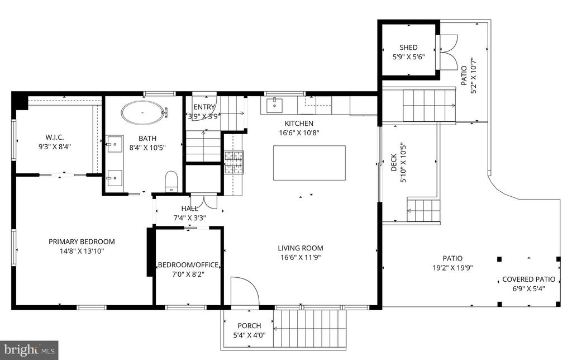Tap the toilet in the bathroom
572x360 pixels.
coord(171,181)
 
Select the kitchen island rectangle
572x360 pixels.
coord(309,163)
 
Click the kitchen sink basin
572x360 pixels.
coord(274,105)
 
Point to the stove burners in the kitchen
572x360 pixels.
coord(234,162)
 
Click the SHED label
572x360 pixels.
coord(408,48)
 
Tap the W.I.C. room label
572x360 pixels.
coord(55,138)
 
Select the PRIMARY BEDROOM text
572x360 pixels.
coord(82,241)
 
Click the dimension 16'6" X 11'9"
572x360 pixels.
coord(301,257)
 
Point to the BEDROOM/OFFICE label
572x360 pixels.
coord(188,265)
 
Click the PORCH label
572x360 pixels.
coord(250,326)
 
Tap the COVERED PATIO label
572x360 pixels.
coord(528,280)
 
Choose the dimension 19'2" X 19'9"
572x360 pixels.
coord(452,268)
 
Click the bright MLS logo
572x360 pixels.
coord(29,350)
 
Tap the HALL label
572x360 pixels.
coord(190,209)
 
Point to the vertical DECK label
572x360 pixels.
coord(394,163)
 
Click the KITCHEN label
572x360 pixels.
coord(299,124)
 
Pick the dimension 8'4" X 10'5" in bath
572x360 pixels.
coord(147,148)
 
